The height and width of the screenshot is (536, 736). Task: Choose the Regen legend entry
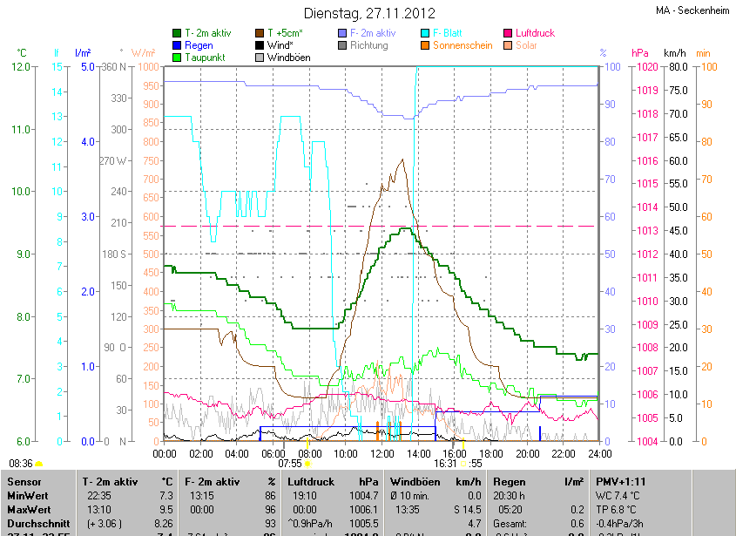(199, 45)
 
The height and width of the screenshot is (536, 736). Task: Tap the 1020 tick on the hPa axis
(645, 67)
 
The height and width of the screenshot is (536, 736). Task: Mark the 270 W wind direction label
(116, 160)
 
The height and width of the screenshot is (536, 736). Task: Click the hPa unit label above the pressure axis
(640, 52)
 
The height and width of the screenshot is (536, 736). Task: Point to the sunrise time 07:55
(290, 464)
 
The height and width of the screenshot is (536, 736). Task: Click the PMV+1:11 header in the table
(621, 481)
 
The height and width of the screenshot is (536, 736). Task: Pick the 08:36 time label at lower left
(20, 464)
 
